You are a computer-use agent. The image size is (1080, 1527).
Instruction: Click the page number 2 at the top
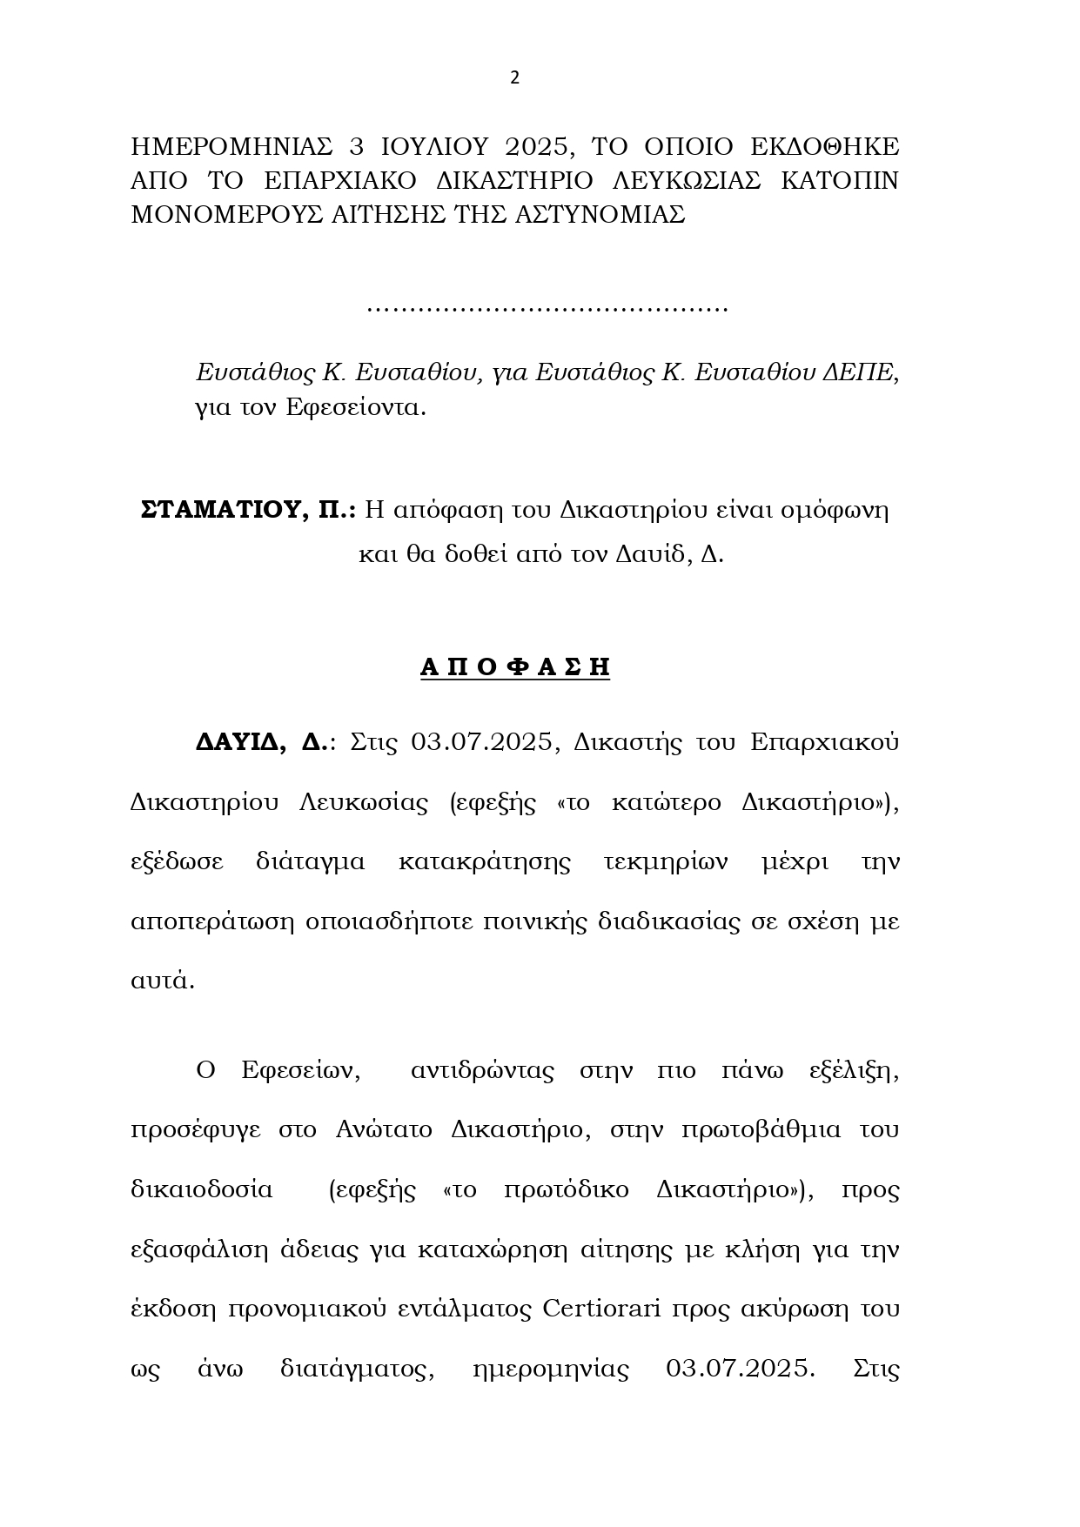pyautogui.click(x=514, y=77)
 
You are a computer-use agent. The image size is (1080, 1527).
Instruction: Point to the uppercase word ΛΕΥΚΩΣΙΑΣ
pyautogui.click(x=688, y=180)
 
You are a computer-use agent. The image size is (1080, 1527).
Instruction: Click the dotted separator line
pyautogui.click(x=547, y=308)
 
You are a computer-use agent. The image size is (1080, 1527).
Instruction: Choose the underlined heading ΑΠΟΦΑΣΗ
pyautogui.click(x=515, y=666)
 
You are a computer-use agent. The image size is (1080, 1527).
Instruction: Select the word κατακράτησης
pyautogui.click(x=484, y=861)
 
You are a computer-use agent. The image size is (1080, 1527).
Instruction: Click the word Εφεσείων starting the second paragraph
pyautogui.click(x=300, y=1069)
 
